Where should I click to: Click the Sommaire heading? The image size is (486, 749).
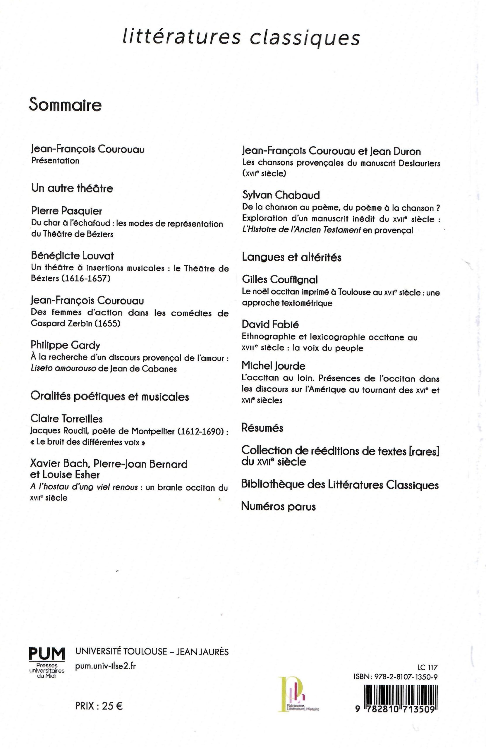[65, 105]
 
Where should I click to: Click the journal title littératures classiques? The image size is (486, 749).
[241, 38]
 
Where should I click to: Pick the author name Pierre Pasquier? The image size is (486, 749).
[66, 211]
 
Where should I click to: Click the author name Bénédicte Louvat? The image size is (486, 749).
[72, 255]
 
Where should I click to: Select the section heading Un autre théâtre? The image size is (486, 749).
[72, 188]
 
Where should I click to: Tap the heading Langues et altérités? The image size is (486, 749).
[291, 257]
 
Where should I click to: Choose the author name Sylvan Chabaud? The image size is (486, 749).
[281, 195]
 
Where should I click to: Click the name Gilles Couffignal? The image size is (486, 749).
[280, 279]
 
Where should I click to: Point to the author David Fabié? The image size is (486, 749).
[270, 324]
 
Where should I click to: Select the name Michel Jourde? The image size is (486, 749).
[273, 366]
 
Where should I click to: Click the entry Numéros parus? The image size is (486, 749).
[278, 506]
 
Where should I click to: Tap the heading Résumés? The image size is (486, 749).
[262, 428]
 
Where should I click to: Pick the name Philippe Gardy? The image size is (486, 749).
[66, 345]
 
